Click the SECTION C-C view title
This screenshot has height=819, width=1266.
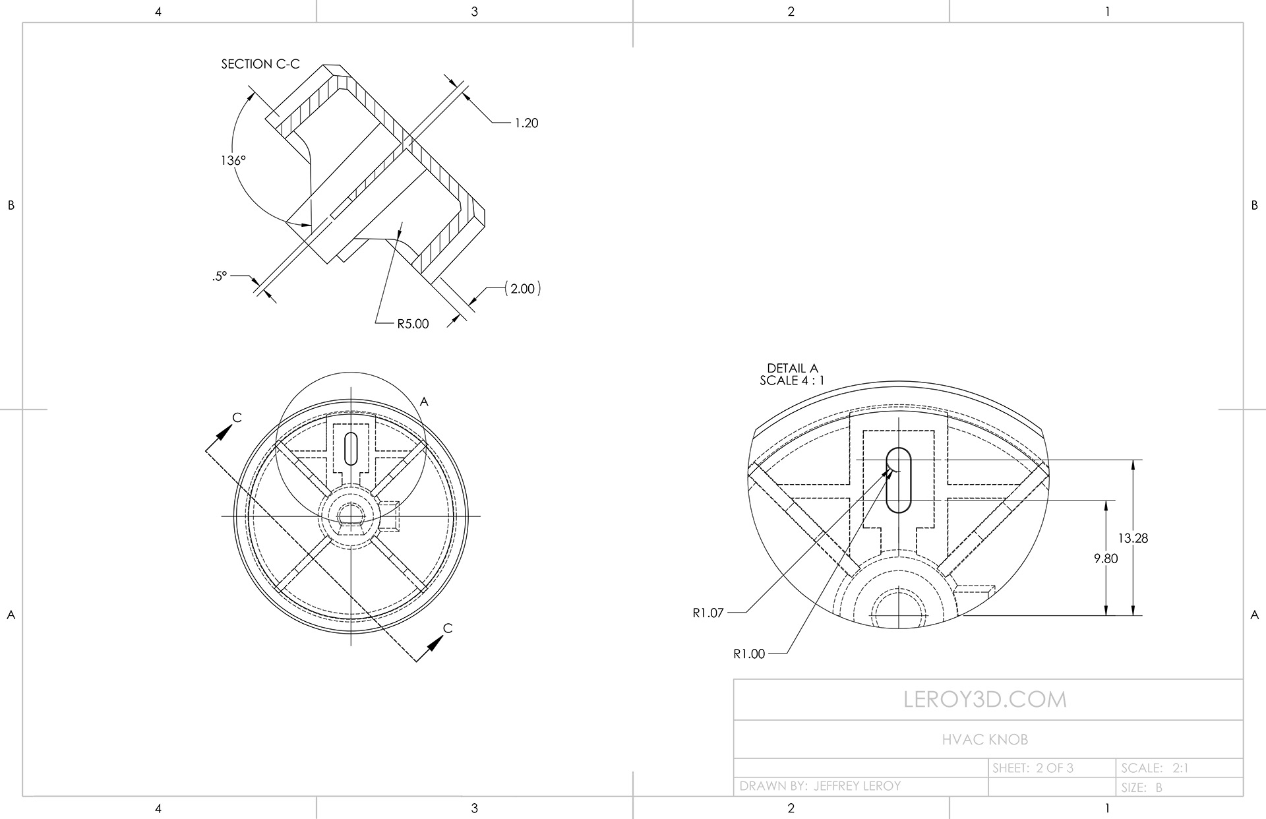[x=260, y=64]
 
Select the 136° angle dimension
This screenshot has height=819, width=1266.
[x=233, y=160]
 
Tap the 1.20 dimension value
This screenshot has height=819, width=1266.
[x=526, y=123]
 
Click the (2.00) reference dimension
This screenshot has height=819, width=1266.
[x=522, y=288]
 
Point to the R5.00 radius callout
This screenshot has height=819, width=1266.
[x=413, y=324]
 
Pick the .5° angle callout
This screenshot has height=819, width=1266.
[x=220, y=276]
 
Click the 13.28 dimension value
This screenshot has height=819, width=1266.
[x=1133, y=538]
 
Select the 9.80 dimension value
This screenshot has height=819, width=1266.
[x=1106, y=559]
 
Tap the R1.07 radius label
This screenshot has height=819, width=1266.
[x=708, y=613]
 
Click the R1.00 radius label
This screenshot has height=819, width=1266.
[x=749, y=654]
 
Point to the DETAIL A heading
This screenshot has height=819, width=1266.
[x=792, y=369]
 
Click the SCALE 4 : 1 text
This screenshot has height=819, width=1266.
[x=791, y=380]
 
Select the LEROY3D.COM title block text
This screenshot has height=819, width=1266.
[x=985, y=700]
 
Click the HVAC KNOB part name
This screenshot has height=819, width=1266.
[x=985, y=740]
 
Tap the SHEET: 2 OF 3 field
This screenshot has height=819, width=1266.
[x=1033, y=768]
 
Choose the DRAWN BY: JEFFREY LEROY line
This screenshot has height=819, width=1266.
[x=820, y=786]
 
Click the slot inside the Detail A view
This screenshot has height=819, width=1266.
[x=898, y=480]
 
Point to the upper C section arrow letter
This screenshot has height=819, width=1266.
[x=237, y=417]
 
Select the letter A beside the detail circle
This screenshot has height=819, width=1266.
[x=425, y=402]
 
